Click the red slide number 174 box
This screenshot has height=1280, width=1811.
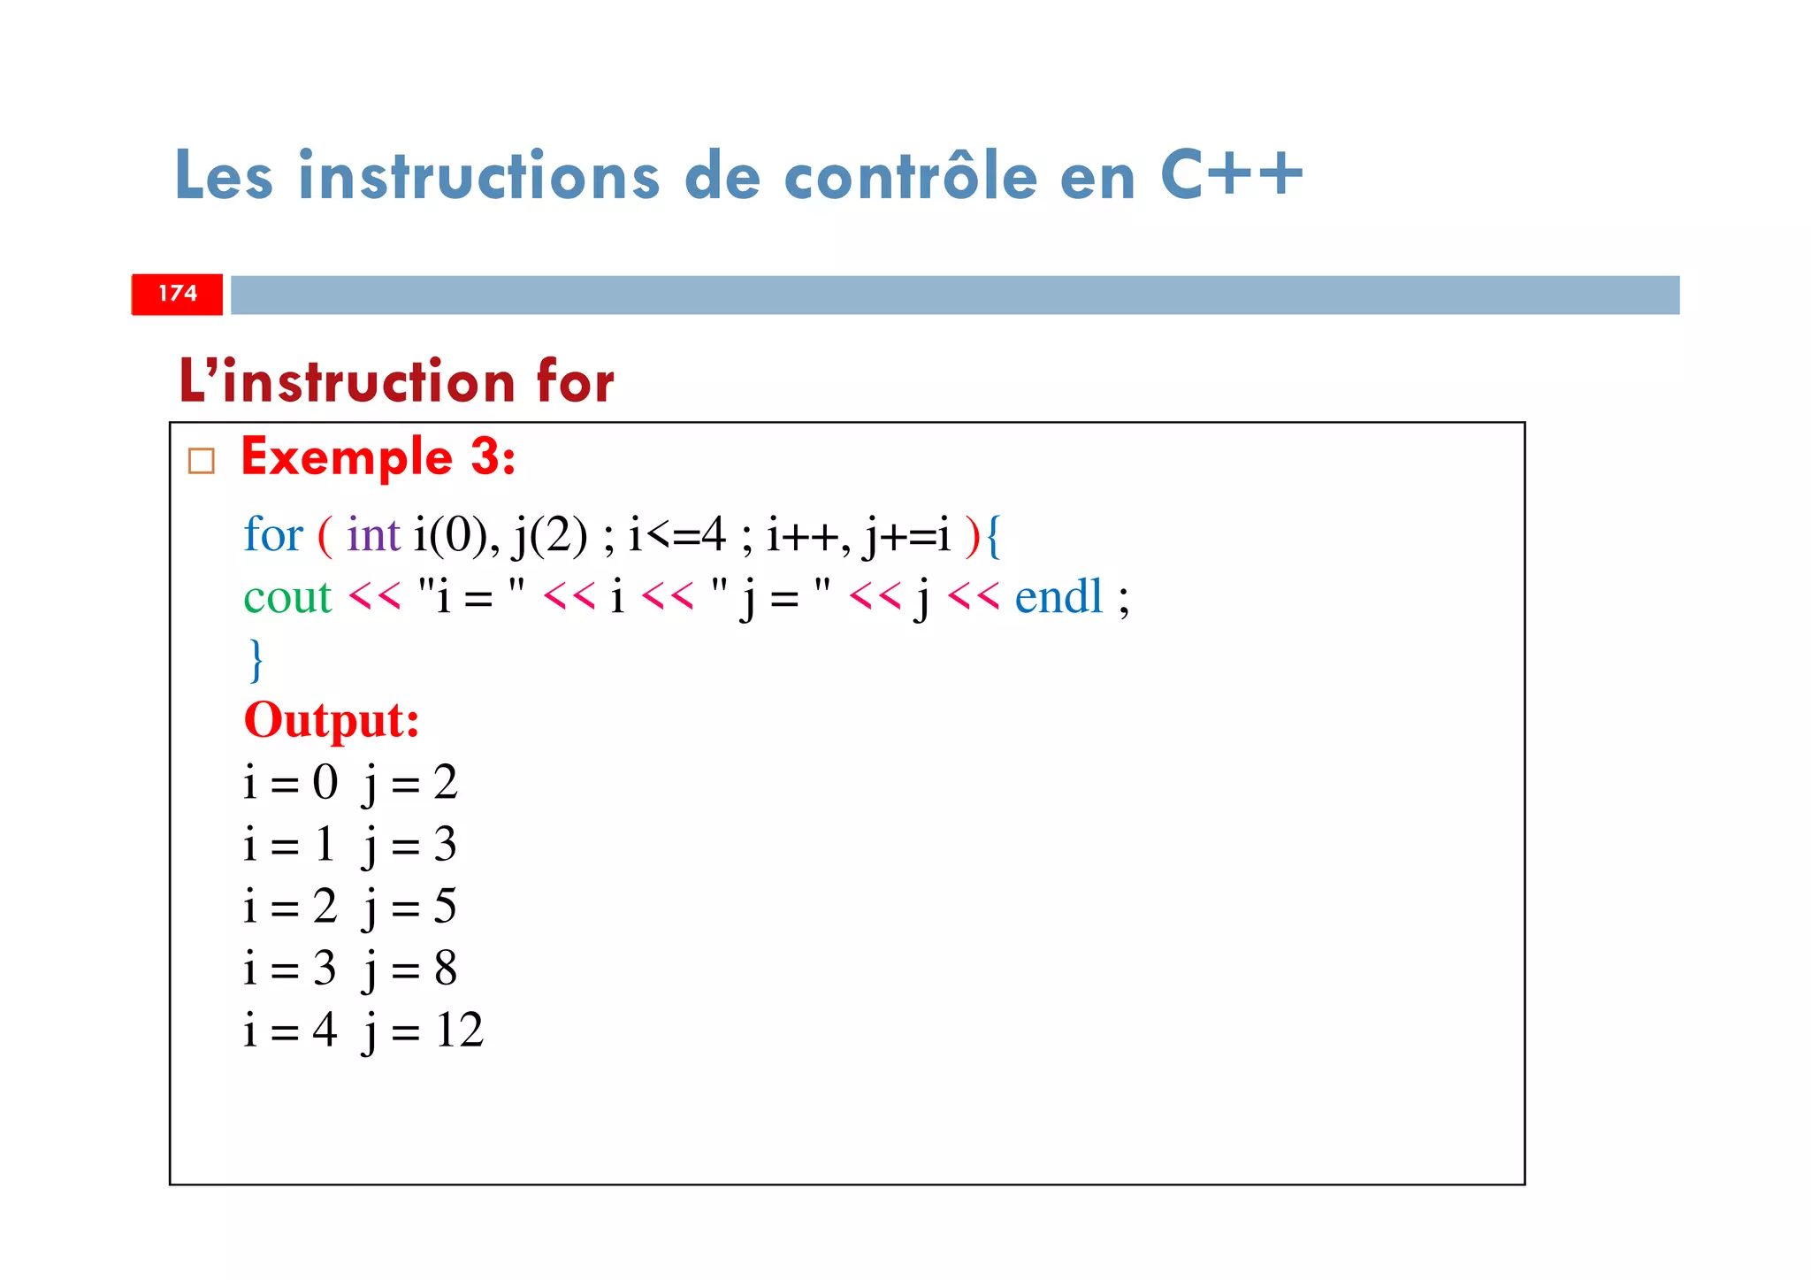[x=177, y=295]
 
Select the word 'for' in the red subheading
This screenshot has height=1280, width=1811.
[x=574, y=382]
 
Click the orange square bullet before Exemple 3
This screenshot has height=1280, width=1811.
[x=202, y=461]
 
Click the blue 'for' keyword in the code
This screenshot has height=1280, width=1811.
[x=272, y=535]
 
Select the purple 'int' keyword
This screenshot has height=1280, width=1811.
[x=372, y=535]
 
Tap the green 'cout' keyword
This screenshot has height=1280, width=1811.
[x=287, y=597]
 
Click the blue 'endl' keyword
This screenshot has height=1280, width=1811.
[x=1058, y=597]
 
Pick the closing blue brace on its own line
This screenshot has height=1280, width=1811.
[x=256, y=660]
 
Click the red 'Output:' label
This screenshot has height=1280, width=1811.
[x=332, y=720]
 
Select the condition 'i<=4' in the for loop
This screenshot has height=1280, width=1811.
[x=676, y=535]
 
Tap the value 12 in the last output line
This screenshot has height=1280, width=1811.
[x=459, y=1031]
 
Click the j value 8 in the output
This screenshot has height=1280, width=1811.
[x=446, y=969]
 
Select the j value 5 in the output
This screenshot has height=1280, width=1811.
[x=445, y=907]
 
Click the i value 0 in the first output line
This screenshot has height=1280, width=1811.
[x=325, y=783]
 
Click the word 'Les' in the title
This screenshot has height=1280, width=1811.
[x=224, y=177]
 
